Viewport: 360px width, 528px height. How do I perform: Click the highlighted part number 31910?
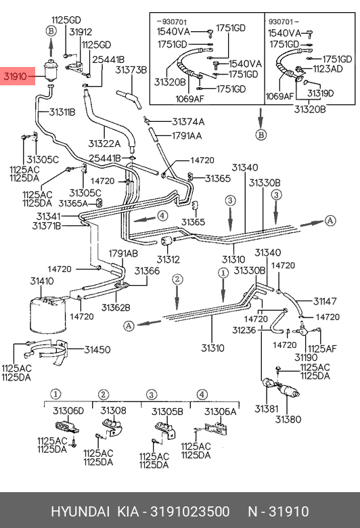click(15, 76)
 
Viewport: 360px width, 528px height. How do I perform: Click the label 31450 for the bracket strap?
click(97, 349)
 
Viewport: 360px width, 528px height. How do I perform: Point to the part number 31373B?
click(131, 70)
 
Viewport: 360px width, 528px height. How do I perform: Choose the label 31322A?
click(104, 144)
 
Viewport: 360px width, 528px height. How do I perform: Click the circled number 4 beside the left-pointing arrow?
click(162, 215)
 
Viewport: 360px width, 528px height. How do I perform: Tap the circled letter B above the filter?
click(51, 31)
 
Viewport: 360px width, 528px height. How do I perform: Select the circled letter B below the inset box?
click(261, 135)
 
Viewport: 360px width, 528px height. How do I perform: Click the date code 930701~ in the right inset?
click(284, 22)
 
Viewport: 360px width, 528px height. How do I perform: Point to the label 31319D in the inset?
click(320, 93)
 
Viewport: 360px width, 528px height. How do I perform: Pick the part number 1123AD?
click(328, 68)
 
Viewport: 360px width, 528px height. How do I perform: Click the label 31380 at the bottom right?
click(288, 419)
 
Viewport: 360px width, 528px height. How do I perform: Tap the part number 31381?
click(267, 408)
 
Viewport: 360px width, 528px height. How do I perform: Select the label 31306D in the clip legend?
click(68, 411)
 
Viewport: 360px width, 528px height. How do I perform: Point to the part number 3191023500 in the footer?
click(189, 511)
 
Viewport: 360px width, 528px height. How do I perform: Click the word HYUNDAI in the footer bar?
click(80, 511)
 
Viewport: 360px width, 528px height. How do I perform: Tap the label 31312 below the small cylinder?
click(168, 259)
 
